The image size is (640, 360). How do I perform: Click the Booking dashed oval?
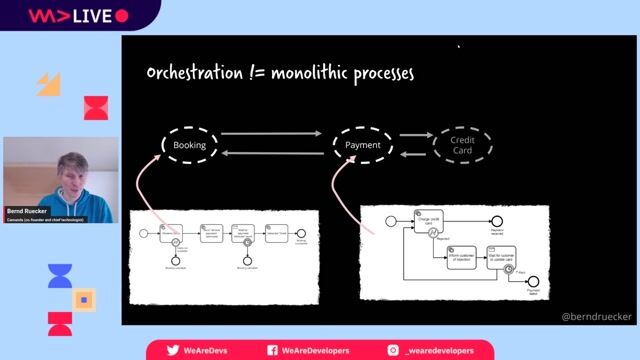[x=188, y=145]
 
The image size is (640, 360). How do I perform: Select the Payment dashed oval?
[x=362, y=145]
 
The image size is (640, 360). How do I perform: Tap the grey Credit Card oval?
[x=462, y=146]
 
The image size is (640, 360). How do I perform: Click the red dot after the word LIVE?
[x=122, y=16]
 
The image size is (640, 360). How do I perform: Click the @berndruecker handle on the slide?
[x=596, y=316]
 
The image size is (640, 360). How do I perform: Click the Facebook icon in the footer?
[x=272, y=350]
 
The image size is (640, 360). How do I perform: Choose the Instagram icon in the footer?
[x=393, y=350]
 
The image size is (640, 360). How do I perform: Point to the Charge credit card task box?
[x=431, y=219]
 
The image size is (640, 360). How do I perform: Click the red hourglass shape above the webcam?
[x=95, y=108]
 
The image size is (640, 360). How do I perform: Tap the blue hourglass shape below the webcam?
[x=60, y=275]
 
